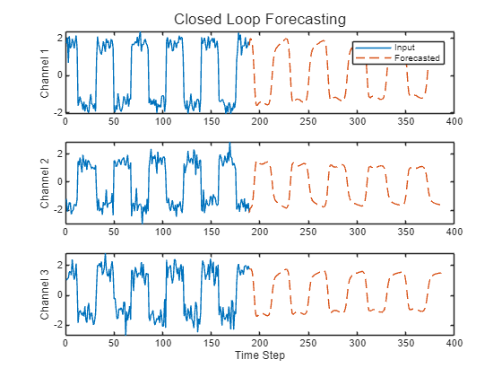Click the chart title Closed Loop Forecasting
coord(259,19)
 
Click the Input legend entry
coord(405,47)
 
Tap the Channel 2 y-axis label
coord(46,182)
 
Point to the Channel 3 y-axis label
coord(46,294)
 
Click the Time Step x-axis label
coord(259,355)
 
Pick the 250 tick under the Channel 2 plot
coord(308,232)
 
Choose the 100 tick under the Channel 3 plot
coord(162,343)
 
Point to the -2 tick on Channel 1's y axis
coord(57,112)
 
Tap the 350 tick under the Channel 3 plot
coord(405,343)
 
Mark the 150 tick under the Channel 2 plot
coord(211,232)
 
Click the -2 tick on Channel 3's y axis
coord(57,325)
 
